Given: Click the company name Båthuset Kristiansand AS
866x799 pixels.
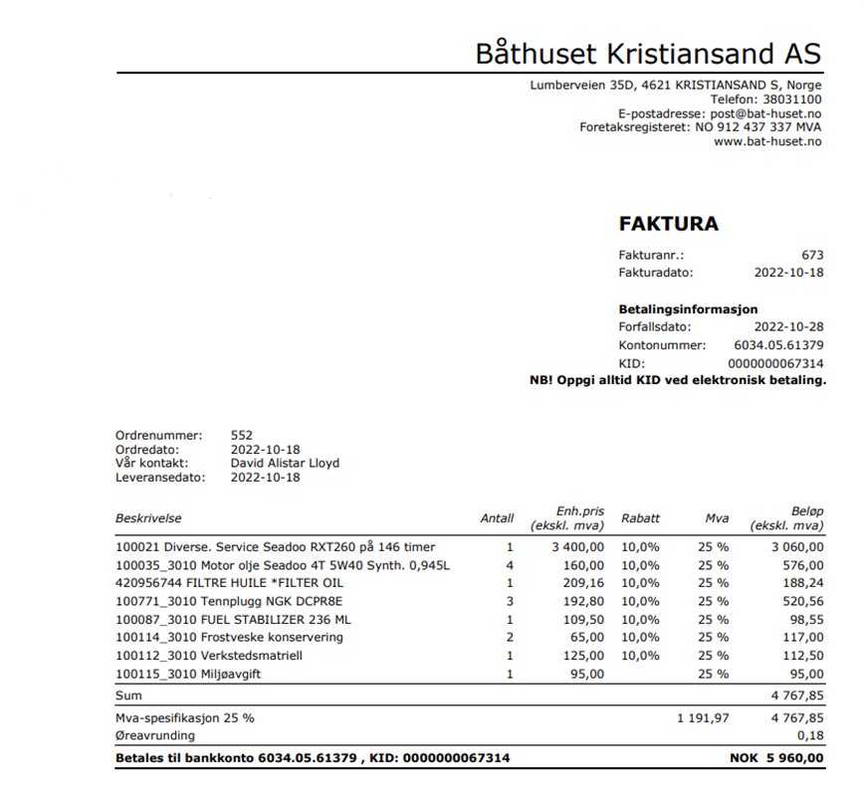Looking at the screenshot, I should coord(648,51).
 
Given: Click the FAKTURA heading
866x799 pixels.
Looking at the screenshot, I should coord(668,224).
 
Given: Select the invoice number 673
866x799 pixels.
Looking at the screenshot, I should coord(812,256).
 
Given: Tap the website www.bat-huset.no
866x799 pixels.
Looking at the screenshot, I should coord(767,141).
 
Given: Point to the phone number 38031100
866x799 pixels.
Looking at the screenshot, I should coord(792,100).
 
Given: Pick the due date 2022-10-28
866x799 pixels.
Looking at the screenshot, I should coord(788,326).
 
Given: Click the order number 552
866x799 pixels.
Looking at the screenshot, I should coord(241,435).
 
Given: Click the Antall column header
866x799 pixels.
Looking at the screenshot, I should coord(497,518).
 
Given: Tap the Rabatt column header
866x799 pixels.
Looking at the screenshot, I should coord(640,518).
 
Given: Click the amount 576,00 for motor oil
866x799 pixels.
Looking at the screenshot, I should coord(800,565).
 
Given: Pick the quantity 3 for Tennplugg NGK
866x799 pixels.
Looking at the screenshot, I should coord(510,601).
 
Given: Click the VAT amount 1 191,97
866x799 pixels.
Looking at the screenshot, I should coord(703,717).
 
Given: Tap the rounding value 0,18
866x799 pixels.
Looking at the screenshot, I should coord(811,736).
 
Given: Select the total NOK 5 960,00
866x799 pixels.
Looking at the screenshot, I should coord(776,758).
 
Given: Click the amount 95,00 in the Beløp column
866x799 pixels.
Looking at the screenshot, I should coord(804,674).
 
